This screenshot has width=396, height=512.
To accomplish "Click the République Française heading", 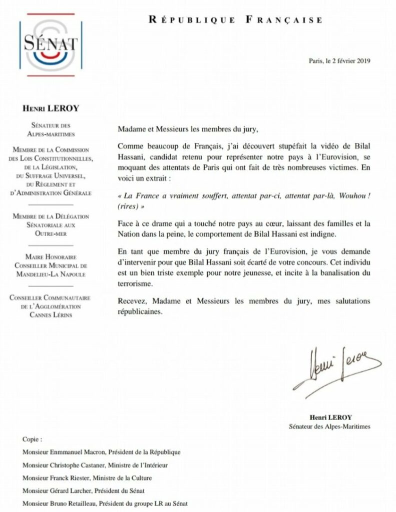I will (x=235, y=20).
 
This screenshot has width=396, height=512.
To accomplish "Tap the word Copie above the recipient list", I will (x=33, y=439).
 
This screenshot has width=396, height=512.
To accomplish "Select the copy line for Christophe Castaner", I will (x=95, y=464).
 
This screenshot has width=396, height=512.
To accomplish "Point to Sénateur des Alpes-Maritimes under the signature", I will (x=329, y=426).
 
